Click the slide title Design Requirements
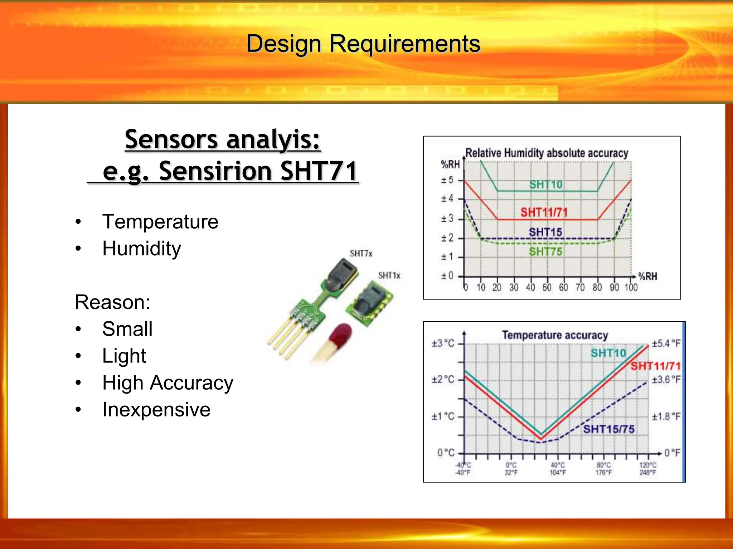363,44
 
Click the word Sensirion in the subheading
215,171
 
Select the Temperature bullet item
160,222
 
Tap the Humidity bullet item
141,248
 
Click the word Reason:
112,302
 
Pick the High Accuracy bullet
168,383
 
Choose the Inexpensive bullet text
156,410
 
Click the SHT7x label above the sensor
361,254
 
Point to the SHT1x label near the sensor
389,276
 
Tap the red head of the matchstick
340,334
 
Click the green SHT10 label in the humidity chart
546,185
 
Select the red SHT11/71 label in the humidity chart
544,213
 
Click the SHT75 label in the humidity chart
545,252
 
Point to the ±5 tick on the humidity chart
447,180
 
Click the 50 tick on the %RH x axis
547,287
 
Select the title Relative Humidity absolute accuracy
547,153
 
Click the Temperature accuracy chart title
555,335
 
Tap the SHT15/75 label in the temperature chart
608,429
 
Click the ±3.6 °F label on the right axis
666,380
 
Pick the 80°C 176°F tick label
603,469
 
